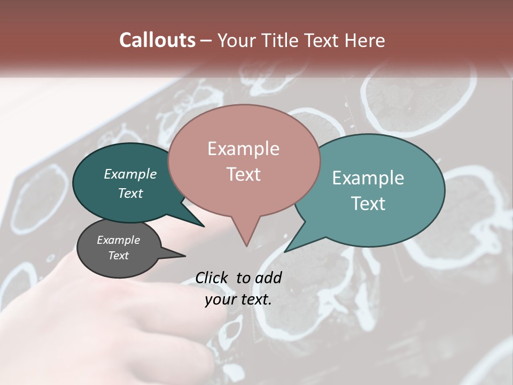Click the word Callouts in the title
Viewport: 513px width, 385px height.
pyautogui.click(x=157, y=40)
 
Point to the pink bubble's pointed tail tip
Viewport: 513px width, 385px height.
pyautogui.click(x=246, y=246)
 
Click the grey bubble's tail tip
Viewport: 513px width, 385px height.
pyautogui.click(x=185, y=255)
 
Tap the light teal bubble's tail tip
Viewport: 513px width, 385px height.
pyautogui.click(x=285, y=251)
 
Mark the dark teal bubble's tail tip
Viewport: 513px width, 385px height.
pyautogui.click(x=204, y=226)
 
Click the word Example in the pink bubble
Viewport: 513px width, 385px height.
pyautogui.click(x=243, y=149)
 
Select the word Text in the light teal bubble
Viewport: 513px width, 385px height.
pyautogui.click(x=368, y=203)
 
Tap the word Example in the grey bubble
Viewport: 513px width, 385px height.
pyautogui.click(x=119, y=240)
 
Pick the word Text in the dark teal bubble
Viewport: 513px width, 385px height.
pyautogui.click(x=130, y=193)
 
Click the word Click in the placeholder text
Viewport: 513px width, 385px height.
pyautogui.click(x=212, y=278)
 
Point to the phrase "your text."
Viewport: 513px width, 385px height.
pyautogui.click(x=238, y=299)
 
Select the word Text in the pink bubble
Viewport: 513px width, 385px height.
pyautogui.click(x=244, y=174)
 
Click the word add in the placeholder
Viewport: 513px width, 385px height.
pyautogui.click(x=268, y=278)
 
